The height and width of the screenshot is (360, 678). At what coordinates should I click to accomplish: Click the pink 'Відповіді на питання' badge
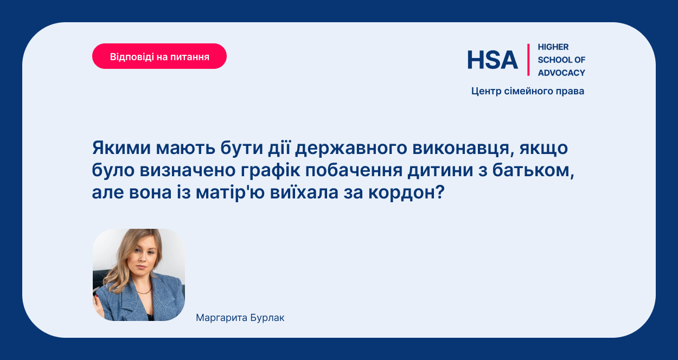pyautogui.click(x=159, y=56)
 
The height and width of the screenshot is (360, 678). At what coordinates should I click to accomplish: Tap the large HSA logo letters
pyautogui.click(x=492, y=60)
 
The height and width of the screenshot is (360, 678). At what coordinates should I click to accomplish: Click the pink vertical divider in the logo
pyautogui.click(x=528, y=60)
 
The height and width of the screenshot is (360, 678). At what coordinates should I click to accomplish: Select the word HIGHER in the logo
pyautogui.click(x=553, y=47)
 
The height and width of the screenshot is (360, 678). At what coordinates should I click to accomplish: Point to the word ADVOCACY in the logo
pyautogui.click(x=561, y=73)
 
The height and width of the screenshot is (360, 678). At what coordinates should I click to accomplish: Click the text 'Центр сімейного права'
pyautogui.click(x=528, y=91)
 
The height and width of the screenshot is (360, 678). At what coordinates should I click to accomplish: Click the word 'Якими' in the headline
pyautogui.click(x=121, y=148)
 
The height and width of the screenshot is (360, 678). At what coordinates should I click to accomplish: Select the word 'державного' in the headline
pyautogui.click(x=351, y=149)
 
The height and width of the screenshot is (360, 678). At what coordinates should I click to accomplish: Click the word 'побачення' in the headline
pyautogui.click(x=354, y=170)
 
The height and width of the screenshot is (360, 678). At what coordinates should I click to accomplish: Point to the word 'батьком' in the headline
pyautogui.click(x=533, y=170)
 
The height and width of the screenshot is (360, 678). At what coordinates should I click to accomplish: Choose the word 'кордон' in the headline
pyautogui.click(x=406, y=192)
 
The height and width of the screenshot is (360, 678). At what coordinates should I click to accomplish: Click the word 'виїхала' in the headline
pyautogui.click(x=304, y=192)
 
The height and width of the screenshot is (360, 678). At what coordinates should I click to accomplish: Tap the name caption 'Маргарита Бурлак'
pyautogui.click(x=240, y=318)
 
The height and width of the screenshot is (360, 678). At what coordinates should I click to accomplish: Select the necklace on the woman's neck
pyautogui.click(x=145, y=291)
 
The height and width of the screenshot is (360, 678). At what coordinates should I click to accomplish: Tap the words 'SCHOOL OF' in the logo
pyautogui.click(x=561, y=60)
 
